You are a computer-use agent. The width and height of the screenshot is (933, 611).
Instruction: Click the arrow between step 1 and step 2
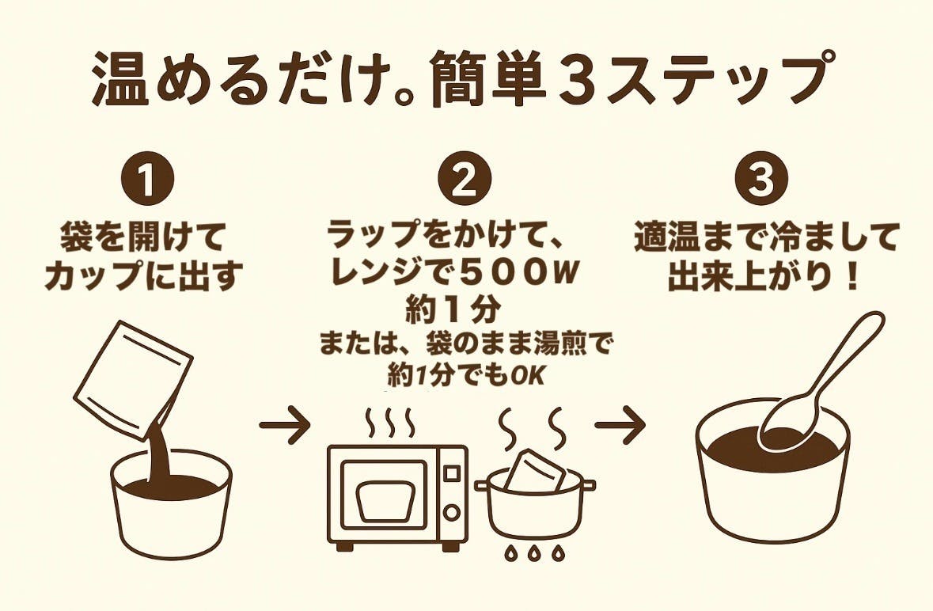pyautogui.click(x=285, y=428)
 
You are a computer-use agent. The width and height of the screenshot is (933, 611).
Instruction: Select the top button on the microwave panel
pyautogui.click(x=452, y=472)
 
